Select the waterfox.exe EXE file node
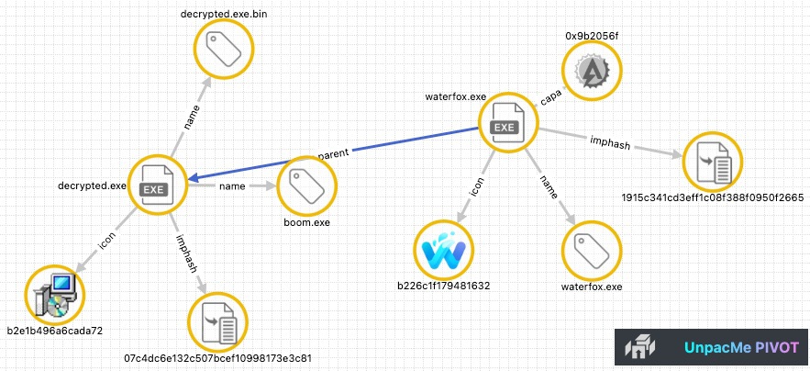tap(505, 121)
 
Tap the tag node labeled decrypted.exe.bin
tap(221, 51)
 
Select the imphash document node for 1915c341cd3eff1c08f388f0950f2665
tap(712, 163)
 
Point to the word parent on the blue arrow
tap(333, 153)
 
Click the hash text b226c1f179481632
tap(444, 286)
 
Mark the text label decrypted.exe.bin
tap(221, 14)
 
